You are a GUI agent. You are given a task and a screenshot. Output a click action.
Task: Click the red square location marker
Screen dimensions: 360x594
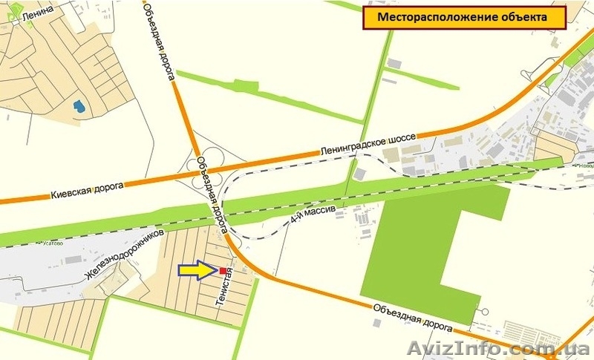pyautogui.click(x=223, y=271)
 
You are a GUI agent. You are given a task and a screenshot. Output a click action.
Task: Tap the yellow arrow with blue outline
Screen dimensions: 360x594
pyautogui.click(x=197, y=272)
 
